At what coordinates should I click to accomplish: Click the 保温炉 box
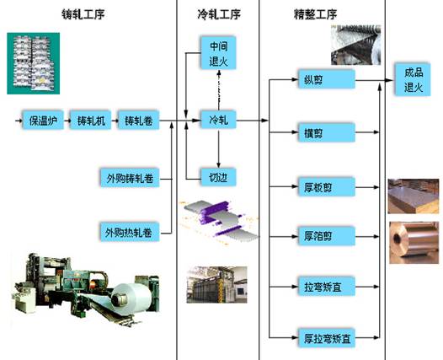(x=43, y=121)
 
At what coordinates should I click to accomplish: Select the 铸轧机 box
(x=91, y=121)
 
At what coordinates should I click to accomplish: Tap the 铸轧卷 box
(x=138, y=121)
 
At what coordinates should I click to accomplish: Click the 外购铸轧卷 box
(x=130, y=178)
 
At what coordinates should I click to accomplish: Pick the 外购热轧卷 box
(x=130, y=233)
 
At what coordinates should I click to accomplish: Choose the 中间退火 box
(x=218, y=53)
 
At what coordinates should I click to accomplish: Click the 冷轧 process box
(x=218, y=121)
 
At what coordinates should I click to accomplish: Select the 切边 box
(x=218, y=178)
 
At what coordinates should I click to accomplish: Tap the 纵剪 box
(x=327, y=80)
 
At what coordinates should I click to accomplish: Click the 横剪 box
(x=327, y=132)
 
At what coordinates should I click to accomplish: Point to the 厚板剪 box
(x=327, y=187)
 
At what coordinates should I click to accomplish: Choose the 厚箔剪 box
(x=327, y=236)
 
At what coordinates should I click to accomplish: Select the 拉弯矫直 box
(x=327, y=287)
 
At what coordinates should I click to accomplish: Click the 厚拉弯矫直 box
(x=327, y=338)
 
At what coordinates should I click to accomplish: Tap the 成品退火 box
(x=413, y=80)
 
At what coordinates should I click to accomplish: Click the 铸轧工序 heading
(x=83, y=14)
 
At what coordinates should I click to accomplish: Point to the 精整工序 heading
(x=315, y=14)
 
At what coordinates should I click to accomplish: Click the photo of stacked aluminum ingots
(x=34, y=63)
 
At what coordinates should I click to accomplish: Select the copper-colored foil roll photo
(x=414, y=243)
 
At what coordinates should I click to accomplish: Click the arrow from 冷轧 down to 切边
(x=218, y=148)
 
